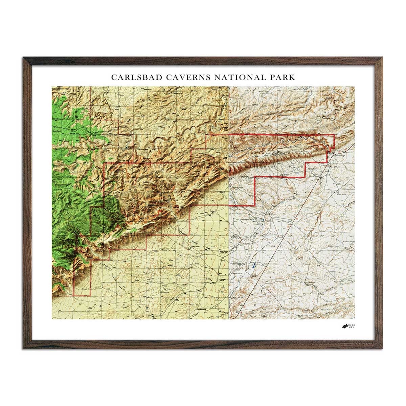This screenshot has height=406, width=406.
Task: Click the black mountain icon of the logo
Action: [x=344, y=326]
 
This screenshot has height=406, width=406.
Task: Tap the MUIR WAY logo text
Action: [x=352, y=326]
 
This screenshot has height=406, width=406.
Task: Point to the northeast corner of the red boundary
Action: [x=334, y=135]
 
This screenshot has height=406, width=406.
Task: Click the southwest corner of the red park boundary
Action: [x=74, y=296]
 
